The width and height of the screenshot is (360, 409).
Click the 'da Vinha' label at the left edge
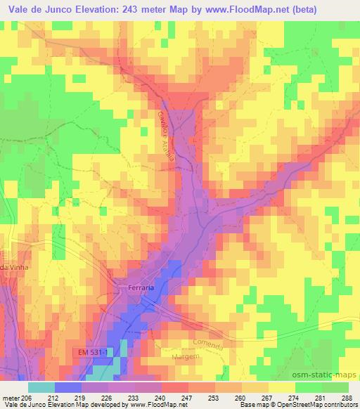pos(13,267)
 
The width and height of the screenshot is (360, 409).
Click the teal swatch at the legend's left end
pos(41,387)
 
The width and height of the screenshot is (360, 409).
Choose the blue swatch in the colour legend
pos(68,387)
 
